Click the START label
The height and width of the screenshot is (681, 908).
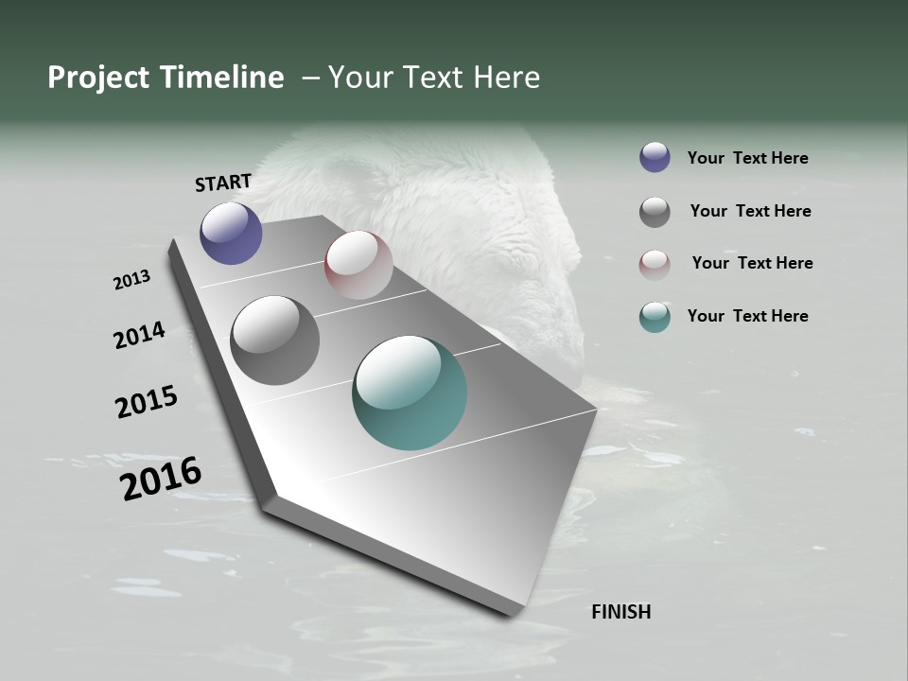tap(223, 183)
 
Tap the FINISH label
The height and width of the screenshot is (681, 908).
tap(620, 612)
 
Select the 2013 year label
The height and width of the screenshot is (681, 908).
tap(131, 280)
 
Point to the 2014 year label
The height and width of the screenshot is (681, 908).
tap(139, 335)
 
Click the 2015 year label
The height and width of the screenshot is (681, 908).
tap(146, 402)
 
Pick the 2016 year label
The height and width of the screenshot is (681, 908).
tap(161, 479)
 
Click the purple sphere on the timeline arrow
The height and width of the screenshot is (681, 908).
tap(231, 234)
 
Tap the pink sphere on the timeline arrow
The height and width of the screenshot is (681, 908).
tap(358, 265)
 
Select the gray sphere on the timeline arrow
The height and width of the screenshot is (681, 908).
tap(275, 340)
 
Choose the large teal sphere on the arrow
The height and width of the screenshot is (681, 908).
tap(410, 393)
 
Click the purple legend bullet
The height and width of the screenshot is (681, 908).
tap(655, 157)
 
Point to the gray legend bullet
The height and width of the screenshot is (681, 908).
tap(655, 212)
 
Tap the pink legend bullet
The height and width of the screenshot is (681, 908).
tap(655, 265)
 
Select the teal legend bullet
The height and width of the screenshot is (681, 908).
tap(655, 317)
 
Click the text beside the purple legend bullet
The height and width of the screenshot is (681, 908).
tap(747, 158)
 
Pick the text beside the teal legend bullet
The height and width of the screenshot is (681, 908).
tap(747, 316)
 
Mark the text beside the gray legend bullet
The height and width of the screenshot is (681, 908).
tap(750, 211)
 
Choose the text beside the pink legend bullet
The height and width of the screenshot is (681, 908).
tap(752, 263)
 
